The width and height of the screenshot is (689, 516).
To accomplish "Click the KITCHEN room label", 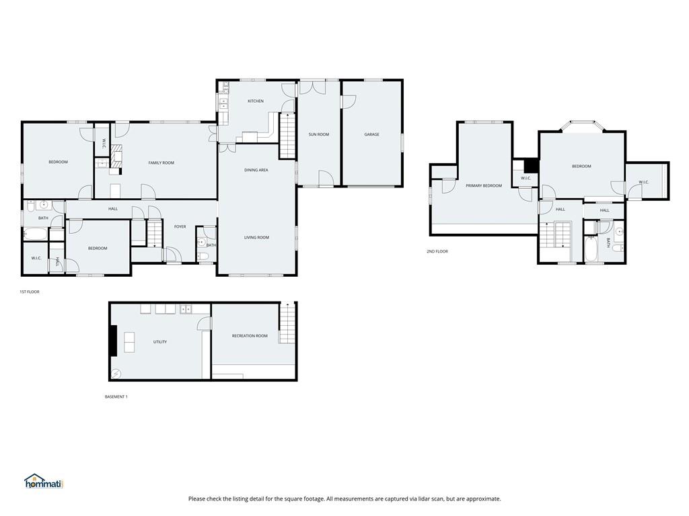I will point(256,101).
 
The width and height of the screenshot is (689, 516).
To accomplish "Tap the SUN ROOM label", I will point(319,134).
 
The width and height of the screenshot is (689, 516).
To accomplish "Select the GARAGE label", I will point(372,134).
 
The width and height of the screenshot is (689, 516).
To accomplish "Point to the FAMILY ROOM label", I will point(161,163).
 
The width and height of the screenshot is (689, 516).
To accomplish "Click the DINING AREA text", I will point(256,170).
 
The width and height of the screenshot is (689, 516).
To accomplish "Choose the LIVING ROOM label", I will point(256,237).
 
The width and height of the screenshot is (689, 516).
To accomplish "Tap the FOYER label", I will point(180,226).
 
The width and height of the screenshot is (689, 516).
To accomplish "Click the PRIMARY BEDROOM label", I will point(484,185).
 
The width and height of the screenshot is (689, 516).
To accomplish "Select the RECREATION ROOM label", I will point(250,336).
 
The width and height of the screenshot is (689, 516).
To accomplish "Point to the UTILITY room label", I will point(160,342).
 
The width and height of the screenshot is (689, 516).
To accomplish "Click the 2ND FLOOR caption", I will point(437,251).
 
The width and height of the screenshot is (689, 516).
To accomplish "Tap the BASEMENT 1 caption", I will point(116,396).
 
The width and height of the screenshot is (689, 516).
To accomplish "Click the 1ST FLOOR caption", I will point(30,292).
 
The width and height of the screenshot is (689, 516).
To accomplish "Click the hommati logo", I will point(43,482).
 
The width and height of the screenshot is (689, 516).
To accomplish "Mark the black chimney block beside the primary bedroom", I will point(531,165).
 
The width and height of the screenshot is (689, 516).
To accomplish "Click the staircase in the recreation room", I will point(287,323).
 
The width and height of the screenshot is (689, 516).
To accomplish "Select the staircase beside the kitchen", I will point(287,135).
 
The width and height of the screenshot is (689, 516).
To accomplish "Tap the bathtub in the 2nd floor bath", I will point(590,249).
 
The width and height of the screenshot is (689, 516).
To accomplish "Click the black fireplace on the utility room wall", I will point(114,341).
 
